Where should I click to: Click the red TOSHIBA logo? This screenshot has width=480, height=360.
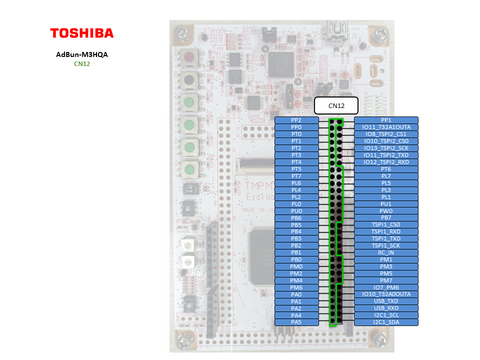[82, 33]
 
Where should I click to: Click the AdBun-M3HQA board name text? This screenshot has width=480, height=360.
[82, 55]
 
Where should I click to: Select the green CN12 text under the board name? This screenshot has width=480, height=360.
[82, 63]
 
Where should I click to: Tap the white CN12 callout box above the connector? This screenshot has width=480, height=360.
[336, 105]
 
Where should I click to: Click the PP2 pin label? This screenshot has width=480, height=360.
[296, 120]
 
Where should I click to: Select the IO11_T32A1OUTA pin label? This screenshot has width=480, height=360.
[386, 127]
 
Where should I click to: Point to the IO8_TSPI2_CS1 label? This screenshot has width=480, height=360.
[386, 134]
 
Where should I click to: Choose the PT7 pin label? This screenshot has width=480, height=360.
[296, 176]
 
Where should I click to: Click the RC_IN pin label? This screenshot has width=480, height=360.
[386, 252]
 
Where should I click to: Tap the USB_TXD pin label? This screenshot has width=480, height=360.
[386, 301]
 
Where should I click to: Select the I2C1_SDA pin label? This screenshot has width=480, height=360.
[386, 322]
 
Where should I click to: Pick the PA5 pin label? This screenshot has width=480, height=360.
[296, 322]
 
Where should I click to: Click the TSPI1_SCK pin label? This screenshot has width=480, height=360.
[386, 245]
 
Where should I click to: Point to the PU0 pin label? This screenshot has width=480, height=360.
[296, 211]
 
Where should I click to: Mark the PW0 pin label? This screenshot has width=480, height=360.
[386, 211]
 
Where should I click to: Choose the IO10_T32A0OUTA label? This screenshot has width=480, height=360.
[386, 294]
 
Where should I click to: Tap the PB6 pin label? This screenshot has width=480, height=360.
[296, 218]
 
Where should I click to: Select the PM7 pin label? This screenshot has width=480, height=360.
[386, 280]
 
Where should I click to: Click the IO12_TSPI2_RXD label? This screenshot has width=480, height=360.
[386, 162]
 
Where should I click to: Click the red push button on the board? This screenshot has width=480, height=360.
[189, 57]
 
